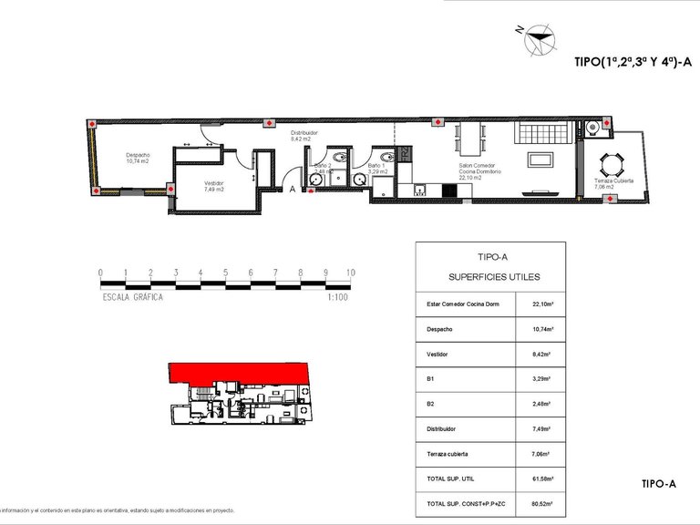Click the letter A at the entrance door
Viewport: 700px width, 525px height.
click(x=291, y=190)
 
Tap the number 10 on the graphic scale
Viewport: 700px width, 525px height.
click(x=350, y=273)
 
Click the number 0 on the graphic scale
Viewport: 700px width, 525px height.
click(x=100, y=273)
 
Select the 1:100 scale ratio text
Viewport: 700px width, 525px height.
click(x=339, y=297)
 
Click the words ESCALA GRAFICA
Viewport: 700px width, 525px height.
click(x=133, y=297)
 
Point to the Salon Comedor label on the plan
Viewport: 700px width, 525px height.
click(x=478, y=166)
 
